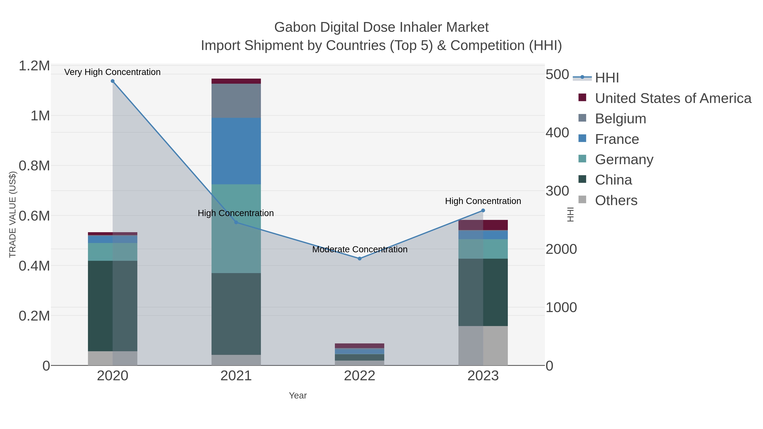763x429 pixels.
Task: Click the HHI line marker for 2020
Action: (x=113, y=81)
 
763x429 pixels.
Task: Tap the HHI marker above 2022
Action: (x=360, y=258)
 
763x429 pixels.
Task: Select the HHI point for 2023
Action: (x=483, y=211)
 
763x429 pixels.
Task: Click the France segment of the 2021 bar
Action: (x=236, y=151)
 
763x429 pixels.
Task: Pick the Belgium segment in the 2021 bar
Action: (x=236, y=101)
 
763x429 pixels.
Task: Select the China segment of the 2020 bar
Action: (x=113, y=306)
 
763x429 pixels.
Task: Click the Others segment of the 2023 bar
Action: (x=483, y=346)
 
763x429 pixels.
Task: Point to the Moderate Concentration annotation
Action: (x=360, y=249)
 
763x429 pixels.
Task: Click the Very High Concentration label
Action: (x=113, y=72)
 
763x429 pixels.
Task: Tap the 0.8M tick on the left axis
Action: (x=34, y=166)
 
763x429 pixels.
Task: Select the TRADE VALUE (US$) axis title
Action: (x=13, y=214)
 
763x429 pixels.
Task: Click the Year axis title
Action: (x=298, y=396)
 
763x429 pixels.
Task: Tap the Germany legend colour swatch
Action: (x=582, y=159)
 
